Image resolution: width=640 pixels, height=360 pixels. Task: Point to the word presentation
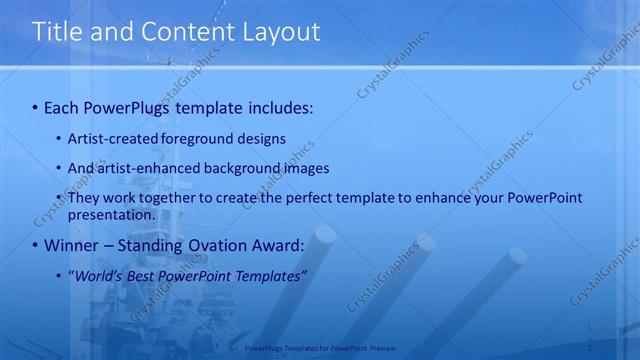(111, 214)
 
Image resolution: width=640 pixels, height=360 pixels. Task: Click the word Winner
(73, 244)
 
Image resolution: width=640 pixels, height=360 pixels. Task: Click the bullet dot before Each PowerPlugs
(35, 107)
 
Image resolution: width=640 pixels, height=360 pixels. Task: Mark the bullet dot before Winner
(35, 245)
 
